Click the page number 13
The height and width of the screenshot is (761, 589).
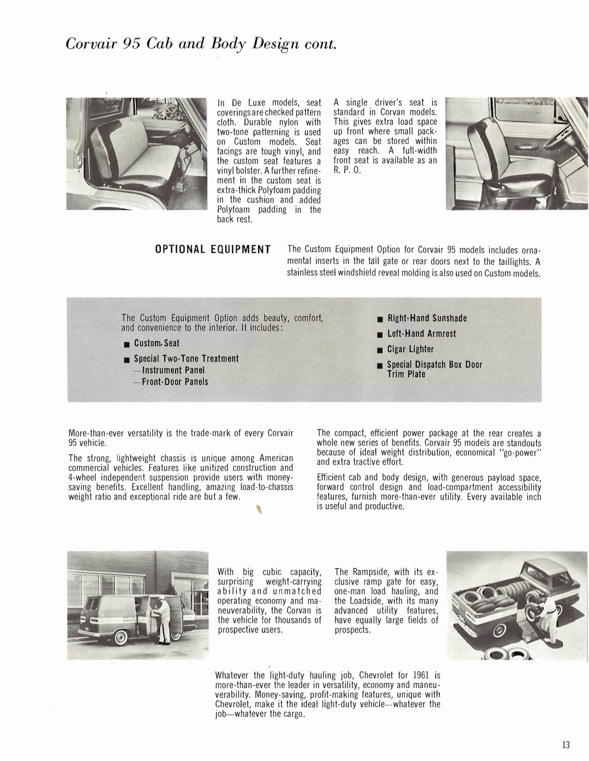(x=565, y=745)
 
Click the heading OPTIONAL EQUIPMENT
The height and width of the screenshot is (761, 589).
(x=213, y=250)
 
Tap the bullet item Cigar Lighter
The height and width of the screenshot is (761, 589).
(x=410, y=349)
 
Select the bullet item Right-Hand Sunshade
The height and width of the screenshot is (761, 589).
(x=427, y=318)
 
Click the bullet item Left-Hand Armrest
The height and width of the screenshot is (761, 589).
(x=421, y=334)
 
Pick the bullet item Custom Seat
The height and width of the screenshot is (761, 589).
(x=157, y=343)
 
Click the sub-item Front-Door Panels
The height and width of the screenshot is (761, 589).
(x=175, y=381)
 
